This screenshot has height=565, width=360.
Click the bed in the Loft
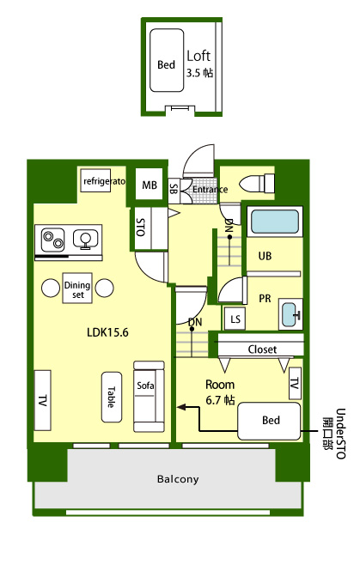[x=167, y=60]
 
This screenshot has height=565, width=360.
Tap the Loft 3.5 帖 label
[x=199, y=64]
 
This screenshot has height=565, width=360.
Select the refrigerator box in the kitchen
[x=95, y=180]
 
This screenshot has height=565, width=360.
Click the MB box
[x=149, y=185]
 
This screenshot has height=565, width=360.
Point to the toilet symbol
[x=259, y=184]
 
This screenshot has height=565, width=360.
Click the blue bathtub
[x=275, y=222]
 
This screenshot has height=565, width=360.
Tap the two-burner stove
[x=53, y=240]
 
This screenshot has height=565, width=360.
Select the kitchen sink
[x=86, y=240]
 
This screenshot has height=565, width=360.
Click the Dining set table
[x=77, y=288]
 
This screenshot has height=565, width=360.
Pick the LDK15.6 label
[x=107, y=332]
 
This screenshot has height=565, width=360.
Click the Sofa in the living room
[x=149, y=397]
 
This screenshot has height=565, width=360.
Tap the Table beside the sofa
[x=112, y=397]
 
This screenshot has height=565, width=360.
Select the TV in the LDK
[x=43, y=400]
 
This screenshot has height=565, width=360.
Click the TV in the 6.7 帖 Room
[x=295, y=383]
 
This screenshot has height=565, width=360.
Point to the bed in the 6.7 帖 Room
[x=269, y=422]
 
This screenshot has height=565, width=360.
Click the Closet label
[x=262, y=349]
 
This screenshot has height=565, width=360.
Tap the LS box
[x=235, y=319]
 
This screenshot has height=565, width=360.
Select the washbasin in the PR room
[x=290, y=314]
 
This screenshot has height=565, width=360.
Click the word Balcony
[x=178, y=479]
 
